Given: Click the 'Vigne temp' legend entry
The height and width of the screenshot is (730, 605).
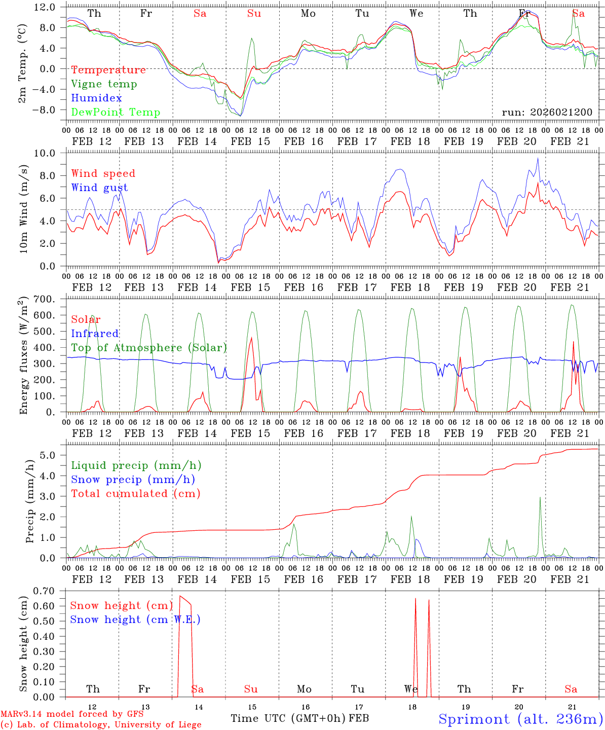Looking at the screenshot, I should pos(104,84).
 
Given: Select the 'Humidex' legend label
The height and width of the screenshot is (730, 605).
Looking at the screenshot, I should pos(96,98).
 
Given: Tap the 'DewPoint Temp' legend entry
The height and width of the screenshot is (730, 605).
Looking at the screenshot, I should pos(116,113).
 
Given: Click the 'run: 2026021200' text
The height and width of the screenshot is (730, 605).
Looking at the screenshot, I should pos(547,112).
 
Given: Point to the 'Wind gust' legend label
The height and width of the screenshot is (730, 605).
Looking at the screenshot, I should pos(99,188).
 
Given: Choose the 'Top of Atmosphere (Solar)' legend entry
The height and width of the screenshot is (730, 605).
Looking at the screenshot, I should pos(148,348).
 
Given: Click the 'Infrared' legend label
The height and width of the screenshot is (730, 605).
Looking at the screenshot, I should pos(95,334).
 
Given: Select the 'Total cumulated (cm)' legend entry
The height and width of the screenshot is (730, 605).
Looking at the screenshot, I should pos(135,493).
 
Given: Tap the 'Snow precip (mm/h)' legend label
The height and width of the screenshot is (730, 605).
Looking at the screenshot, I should pos(133,480).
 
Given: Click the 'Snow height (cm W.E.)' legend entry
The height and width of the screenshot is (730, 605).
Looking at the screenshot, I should pos(135,619).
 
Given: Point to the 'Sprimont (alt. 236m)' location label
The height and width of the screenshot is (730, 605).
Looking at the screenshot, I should pos(520,719).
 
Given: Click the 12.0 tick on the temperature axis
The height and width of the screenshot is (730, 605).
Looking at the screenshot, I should pos(45,7).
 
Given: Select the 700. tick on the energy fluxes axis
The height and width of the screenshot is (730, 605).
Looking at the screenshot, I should pos(44,299).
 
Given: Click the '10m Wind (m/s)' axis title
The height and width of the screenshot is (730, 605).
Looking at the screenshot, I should pos(24,209).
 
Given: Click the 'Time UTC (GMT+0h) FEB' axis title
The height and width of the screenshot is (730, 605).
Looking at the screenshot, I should pos(299,718).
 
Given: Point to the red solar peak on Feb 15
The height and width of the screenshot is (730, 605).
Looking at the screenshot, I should pos(252,338).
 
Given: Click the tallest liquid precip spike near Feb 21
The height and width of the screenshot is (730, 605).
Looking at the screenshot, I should pos(540,497).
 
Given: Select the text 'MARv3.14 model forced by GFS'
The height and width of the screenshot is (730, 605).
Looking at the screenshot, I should pos(71,714).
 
